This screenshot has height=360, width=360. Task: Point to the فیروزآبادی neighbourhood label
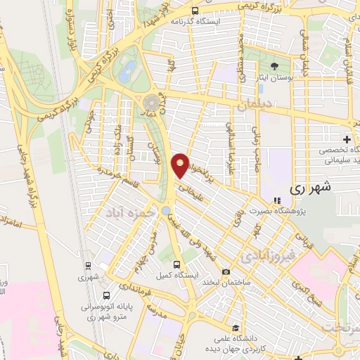(260, 257)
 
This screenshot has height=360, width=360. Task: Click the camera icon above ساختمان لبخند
(226, 271)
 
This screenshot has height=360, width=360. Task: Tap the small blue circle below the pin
(165, 210)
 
